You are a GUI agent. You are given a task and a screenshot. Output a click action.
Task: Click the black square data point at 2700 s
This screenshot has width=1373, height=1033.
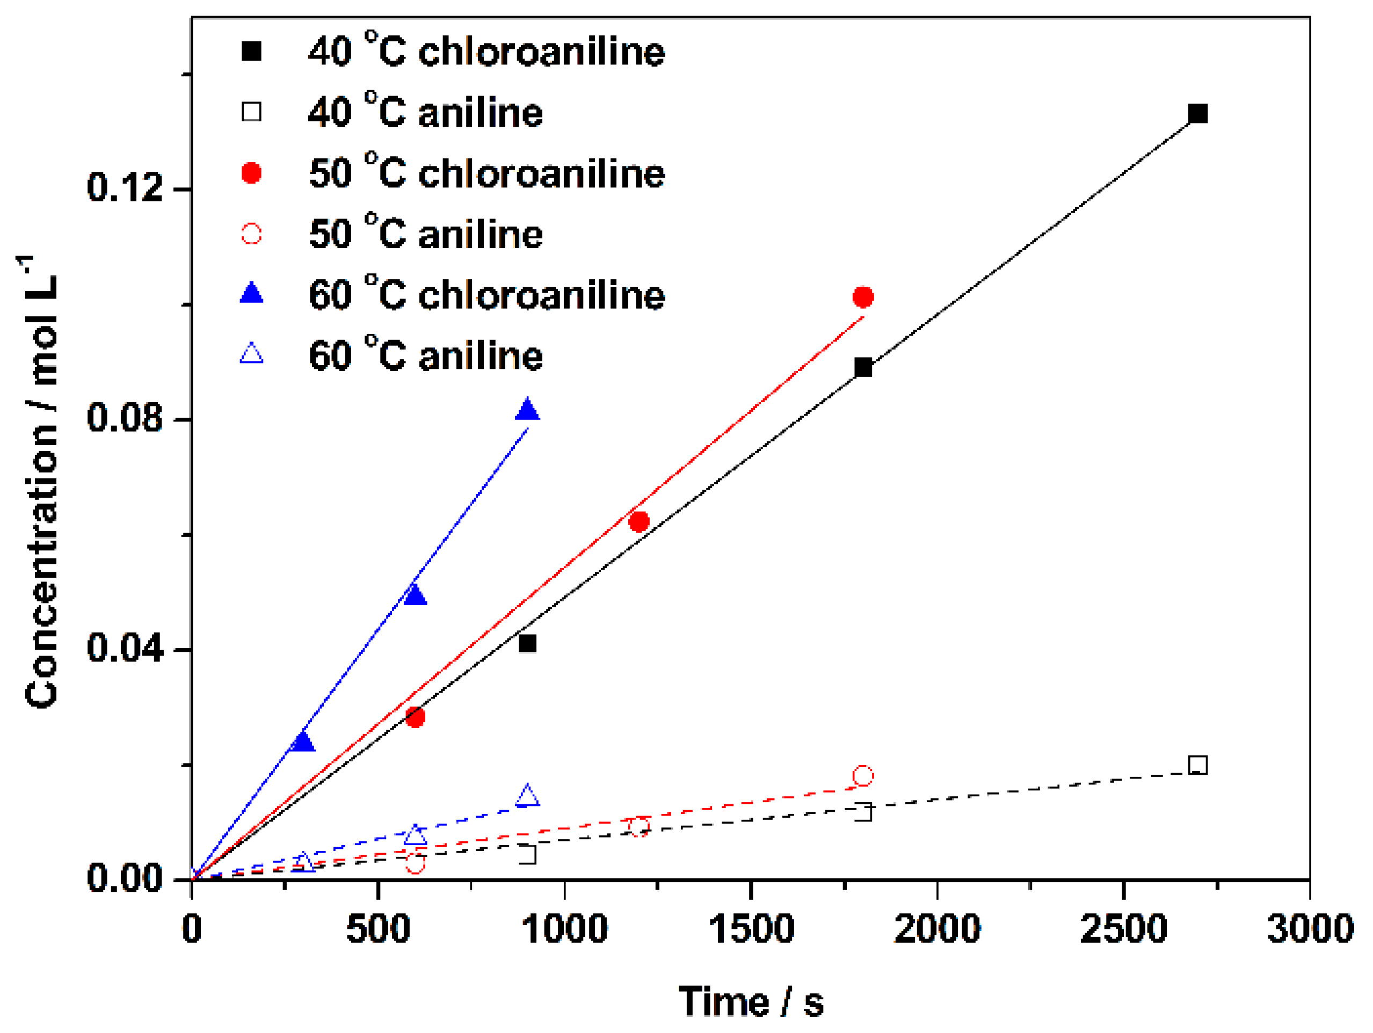(x=1197, y=114)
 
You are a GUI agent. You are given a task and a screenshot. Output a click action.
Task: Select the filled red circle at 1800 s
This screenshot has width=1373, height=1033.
(x=863, y=297)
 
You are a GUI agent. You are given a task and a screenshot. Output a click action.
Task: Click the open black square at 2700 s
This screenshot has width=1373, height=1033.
(x=1197, y=765)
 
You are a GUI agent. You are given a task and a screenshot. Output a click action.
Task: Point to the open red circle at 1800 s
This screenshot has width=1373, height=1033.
(x=863, y=775)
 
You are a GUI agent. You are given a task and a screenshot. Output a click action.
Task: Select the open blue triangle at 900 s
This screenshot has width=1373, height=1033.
(x=527, y=795)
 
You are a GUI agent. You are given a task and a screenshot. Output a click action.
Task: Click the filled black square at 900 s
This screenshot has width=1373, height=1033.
(x=527, y=643)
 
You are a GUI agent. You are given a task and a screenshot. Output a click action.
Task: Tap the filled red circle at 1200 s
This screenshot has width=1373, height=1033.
(x=638, y=521)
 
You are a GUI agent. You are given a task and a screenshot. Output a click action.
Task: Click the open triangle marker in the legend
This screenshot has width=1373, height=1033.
(x=251, y=354)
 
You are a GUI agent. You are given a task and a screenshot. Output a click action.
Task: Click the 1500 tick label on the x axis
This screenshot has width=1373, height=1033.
(x=751, y=929)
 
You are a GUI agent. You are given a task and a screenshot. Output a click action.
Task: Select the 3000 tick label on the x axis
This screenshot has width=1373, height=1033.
(x=1310, y=929)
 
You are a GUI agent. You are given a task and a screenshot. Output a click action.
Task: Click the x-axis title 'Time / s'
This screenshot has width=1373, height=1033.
(x=751, y=1001)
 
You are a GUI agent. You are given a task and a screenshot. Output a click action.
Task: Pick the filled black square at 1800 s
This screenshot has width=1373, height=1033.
(x=863, y=367)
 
